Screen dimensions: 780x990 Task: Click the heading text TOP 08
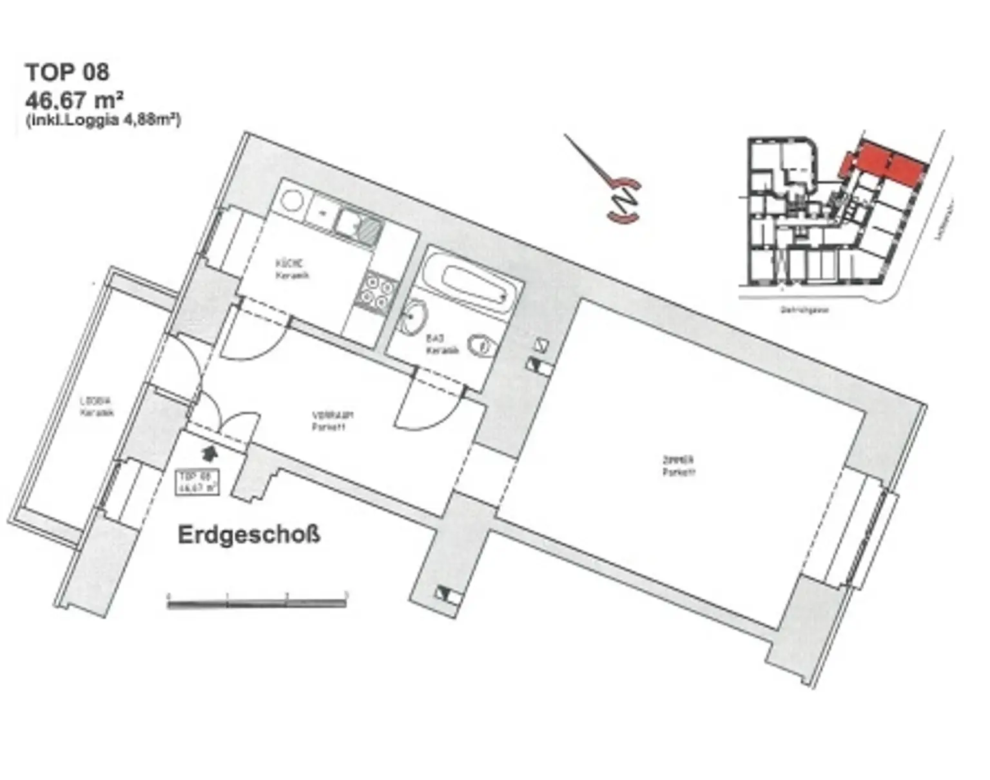coord(67,72)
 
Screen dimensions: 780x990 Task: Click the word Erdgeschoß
coord(249,535)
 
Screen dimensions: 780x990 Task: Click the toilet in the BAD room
coord(480,346)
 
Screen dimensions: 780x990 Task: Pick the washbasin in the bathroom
coord(412,317)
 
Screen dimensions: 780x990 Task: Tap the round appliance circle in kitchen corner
coord(291,199)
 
